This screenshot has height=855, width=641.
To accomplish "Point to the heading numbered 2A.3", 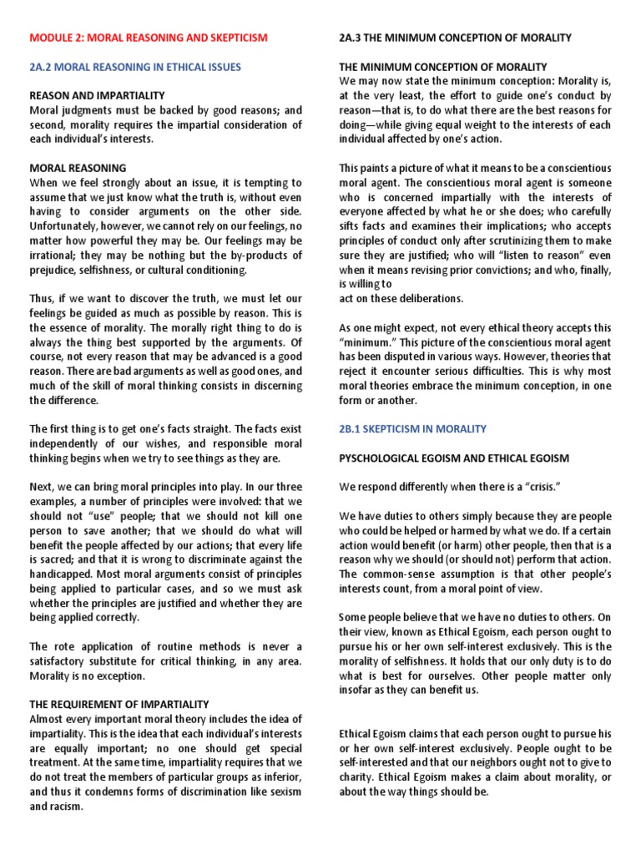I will (x=351, y=38).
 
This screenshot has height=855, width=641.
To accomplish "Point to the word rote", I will (x=59, y=647).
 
